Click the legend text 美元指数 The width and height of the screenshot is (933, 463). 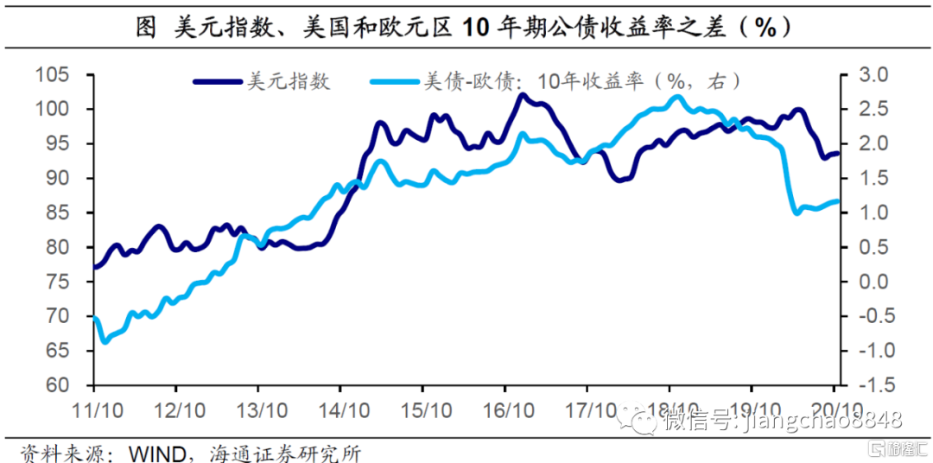pos(289,82)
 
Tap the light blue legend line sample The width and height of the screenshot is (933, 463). pos(393,82)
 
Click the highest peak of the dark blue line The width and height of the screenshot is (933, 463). pos(521,95)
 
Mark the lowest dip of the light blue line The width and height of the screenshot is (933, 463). pos(105,342)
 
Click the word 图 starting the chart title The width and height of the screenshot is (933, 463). pos(146,28)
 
